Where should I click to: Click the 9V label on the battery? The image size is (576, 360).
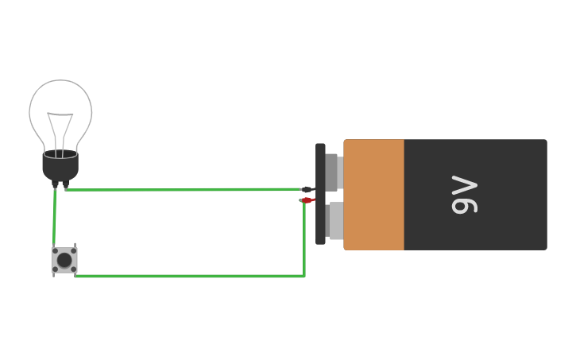(x=465, y=195)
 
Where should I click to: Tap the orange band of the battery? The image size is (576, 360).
(x=373, y=195)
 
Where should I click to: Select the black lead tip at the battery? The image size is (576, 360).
(x=307, y=189)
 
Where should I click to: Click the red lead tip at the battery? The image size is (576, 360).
(x=307, y=200)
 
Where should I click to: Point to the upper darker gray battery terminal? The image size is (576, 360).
(x=333, y=172)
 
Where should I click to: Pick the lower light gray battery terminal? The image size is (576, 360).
(x=334, y=220)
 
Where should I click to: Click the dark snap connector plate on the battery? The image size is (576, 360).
(x=320, y=194)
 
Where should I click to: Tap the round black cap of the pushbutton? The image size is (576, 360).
(x=64, y=260)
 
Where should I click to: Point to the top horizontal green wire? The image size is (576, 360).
(x=183, y=189)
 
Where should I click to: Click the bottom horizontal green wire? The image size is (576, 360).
(x=191, y=276)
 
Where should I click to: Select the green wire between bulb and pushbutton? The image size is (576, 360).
(x=54, y=219)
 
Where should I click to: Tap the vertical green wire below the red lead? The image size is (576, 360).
(x=304, y=238)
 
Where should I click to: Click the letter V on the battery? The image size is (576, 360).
(x=465, y=185)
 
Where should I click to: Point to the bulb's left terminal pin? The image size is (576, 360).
(x=56, y=184)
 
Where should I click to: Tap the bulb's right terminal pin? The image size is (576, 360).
(x=65, y=184)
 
